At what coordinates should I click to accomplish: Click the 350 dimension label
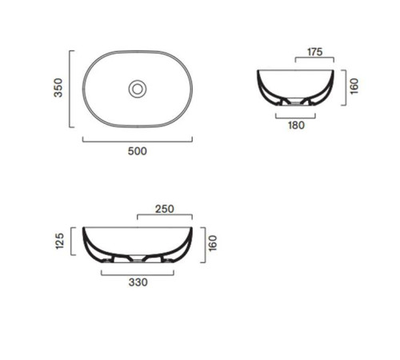[x=58, y=88]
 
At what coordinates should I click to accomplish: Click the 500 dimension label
[x=138, y=151]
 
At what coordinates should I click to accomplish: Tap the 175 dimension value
[x=315, y=52]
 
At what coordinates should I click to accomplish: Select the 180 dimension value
[x=296, y=125]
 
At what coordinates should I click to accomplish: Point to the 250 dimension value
[x=165, y=209]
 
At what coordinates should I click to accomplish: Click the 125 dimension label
[x=60, y=241]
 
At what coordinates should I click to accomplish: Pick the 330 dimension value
[x=138, y=282]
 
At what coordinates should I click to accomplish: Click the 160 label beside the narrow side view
[x=354, y=86]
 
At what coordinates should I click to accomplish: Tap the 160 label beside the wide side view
[x=213, y=243]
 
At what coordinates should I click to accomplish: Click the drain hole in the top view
[x=138, y=89]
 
